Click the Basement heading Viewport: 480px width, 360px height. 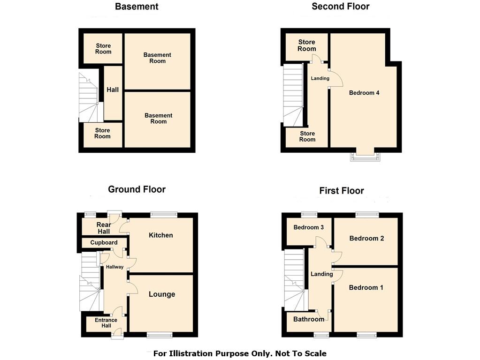tap(137, 7)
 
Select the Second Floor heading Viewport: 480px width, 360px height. tap(340, 7)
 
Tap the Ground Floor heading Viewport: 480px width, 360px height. tap(137, 189)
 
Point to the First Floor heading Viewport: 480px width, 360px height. tap(342, 191)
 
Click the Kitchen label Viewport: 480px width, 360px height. tap(161, 235)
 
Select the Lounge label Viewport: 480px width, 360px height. tap(162, 294)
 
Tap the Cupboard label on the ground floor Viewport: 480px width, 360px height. tap(104, 242)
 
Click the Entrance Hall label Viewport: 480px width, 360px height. tap(106, 322)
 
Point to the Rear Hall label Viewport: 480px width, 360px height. tap(104, 228)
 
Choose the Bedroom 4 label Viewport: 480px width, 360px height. tap(364, 93)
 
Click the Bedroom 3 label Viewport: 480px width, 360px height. tap(309, 227)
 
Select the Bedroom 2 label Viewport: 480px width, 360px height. tap(366, 238)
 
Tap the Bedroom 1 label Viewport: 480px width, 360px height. tap(366, 287)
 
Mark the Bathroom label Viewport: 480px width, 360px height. tap(309, 319)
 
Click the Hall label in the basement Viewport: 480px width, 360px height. tap(113, 90)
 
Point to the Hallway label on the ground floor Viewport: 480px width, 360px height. tap(115, 267)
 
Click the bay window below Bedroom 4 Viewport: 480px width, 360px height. tap(365, 156)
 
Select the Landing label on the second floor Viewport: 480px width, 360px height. tap(320, 78)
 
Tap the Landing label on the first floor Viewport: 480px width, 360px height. tap(322, 274)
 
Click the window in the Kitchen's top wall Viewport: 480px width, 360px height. tap(164, 215)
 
